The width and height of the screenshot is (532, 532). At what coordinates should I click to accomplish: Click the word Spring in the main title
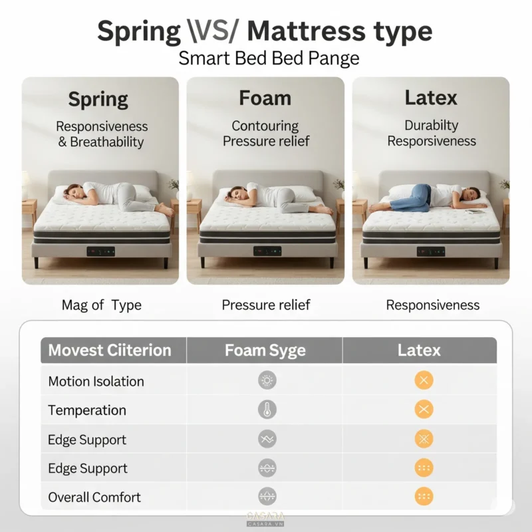coord(139,31)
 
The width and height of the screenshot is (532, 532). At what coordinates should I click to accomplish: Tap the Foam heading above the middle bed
coord(265,98)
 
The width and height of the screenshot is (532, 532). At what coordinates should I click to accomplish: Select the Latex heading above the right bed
coord(431,98)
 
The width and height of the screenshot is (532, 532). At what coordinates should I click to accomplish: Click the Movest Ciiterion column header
coord(110,350)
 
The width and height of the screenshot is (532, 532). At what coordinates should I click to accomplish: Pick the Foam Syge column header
coord(265,351)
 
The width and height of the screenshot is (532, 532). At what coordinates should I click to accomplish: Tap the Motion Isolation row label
coord(96,381)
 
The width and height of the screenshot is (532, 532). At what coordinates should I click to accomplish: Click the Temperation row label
coord(87,410)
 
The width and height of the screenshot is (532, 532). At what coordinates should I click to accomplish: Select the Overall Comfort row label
coord(94,497)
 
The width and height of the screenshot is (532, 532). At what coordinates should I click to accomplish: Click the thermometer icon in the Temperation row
coord(267,410)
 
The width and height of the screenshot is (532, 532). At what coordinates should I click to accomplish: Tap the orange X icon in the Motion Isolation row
coord(424,380)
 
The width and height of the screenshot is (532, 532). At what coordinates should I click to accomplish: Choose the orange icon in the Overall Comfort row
coord(424,496)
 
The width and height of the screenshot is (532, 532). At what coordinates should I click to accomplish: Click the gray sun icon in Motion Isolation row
coord(267,380)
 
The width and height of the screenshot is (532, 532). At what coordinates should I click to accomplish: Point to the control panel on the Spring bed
coord(101,251)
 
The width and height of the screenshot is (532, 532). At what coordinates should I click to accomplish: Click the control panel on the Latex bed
coord(431,252)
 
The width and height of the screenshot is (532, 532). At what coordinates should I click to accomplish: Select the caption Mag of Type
coord(102,305)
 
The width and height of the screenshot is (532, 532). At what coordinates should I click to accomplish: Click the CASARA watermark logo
coord(265,519)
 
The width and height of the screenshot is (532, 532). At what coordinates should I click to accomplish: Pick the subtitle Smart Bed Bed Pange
coord(269,59)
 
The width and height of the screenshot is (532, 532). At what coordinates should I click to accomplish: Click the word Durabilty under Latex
coord(431,125)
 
